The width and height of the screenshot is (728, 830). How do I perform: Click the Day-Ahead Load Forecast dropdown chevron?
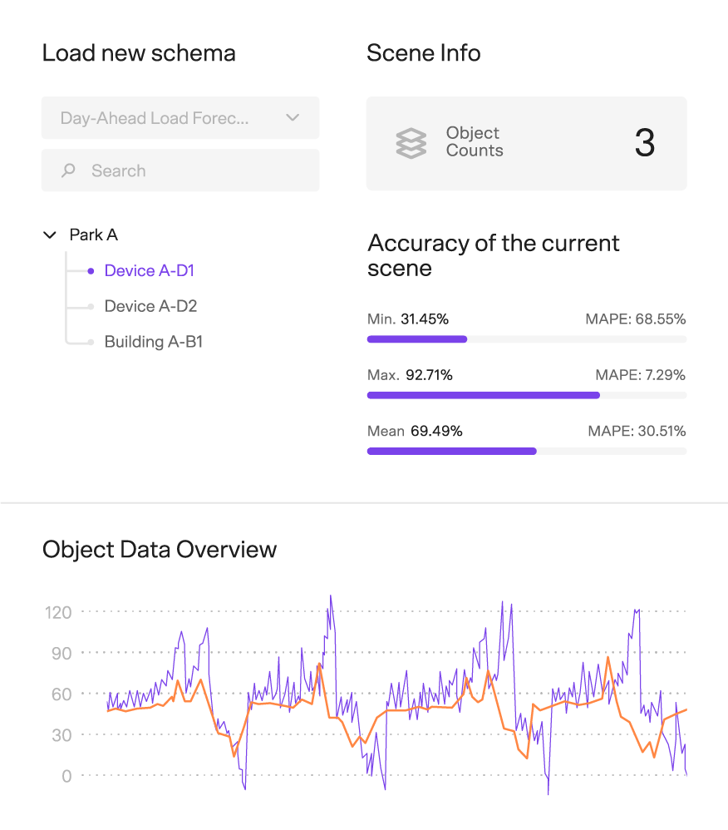[x=293, y=118]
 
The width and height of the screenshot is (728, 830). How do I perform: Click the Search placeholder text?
[x=118, y=170]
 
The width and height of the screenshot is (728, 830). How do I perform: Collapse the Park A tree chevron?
[x=49, y=235]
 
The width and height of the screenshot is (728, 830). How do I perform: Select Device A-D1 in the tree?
[x=149, y=270]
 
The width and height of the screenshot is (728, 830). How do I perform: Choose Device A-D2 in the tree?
[x=150, y=306]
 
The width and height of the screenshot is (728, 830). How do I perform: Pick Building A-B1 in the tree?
[x=153, y=342]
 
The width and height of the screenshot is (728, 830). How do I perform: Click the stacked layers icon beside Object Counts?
[x=411, y=143]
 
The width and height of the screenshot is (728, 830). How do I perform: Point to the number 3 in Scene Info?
[x=645, y=143]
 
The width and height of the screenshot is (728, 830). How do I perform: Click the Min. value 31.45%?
[x=425, y=319]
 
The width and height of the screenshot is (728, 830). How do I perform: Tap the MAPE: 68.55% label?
[x=636, y=319]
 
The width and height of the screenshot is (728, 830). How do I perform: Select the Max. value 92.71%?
[x=429, y=375]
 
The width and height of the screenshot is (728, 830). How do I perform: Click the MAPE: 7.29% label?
[x=640, y=375]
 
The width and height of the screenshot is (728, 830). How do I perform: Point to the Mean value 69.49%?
[x=436, y=431]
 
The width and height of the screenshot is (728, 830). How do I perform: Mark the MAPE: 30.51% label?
[x=636, y=431]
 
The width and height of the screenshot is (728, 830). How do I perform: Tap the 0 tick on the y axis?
[x=66, y=776]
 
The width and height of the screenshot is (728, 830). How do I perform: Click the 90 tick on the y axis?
[x=61, y=653]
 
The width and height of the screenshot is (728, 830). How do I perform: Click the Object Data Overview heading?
[x=160, y=550]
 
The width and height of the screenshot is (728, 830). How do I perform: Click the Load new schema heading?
[x=139, y=53]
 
